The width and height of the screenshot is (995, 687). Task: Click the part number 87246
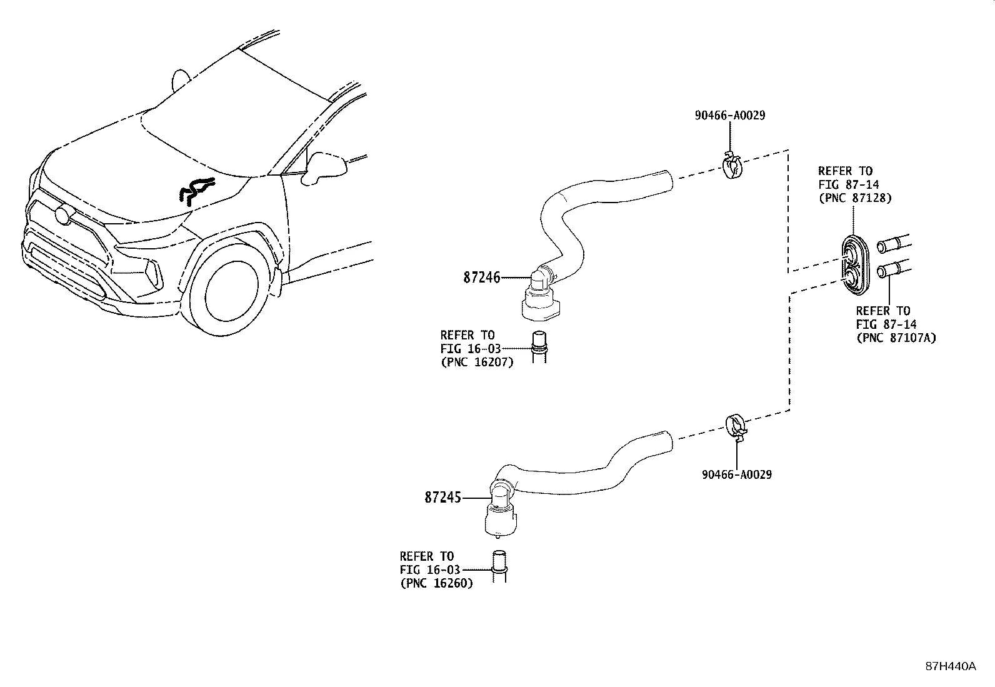tap(481, 277)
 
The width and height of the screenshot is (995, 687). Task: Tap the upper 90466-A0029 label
tap(729, 116)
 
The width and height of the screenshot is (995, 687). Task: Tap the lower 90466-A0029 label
tap(736, 474)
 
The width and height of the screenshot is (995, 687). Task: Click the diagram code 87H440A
tap(950, 666)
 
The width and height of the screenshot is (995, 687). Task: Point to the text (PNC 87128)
tap(854, 198)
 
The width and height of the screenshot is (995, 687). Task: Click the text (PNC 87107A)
tap(896, 338)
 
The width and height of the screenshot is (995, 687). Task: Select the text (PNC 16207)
tap(476, 362)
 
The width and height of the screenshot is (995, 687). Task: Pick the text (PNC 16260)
tap(436, 583)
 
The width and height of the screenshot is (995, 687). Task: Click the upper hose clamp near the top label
tap(732, 166)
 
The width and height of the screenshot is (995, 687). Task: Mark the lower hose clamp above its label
tap(737, 426)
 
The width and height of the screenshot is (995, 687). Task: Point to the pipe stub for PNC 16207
tap(538, 345)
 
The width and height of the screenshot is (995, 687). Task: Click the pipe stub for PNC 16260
tap(499, 566)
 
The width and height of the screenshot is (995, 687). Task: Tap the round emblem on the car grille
tap(63, 215)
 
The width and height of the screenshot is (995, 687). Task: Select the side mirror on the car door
tap(325, 166)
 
